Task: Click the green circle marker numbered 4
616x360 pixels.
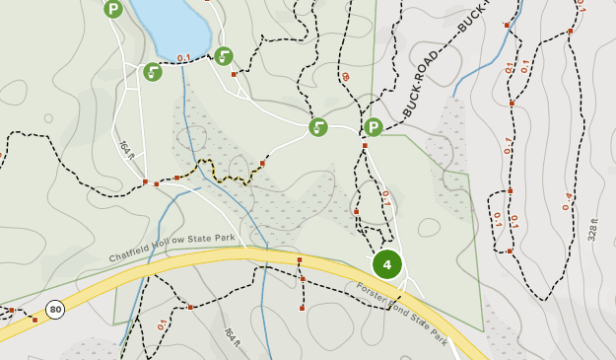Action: (387, 264)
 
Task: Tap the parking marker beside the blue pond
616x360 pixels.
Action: (113, 10)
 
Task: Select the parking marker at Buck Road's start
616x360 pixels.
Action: (374, 127)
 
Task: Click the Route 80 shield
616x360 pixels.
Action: (55, 310)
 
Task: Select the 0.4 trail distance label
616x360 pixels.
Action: (567, 201)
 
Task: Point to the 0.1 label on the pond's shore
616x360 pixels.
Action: (183, 58)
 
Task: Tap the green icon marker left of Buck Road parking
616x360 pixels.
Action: (317, 127)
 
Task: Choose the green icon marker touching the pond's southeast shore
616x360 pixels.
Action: (224, 56)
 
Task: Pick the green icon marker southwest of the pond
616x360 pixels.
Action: (153, 72)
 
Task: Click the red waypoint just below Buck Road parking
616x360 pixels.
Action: (364, 146)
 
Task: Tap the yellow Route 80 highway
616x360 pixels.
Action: (246, 257)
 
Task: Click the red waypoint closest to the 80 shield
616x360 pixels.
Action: (34, 320)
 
